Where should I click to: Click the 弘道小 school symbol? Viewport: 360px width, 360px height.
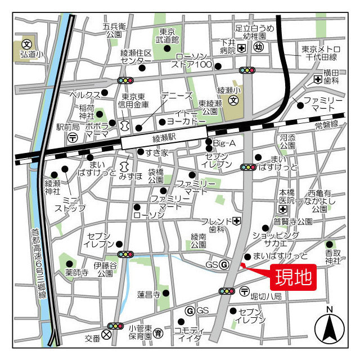point(26,43)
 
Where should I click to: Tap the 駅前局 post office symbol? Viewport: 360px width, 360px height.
point(73,137)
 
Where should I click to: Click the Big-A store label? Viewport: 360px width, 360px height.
point(225,142)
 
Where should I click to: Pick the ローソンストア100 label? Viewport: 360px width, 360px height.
point(194,60)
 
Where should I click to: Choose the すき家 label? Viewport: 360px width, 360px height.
point(157,152)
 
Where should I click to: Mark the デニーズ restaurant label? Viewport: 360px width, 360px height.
point(177,96)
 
